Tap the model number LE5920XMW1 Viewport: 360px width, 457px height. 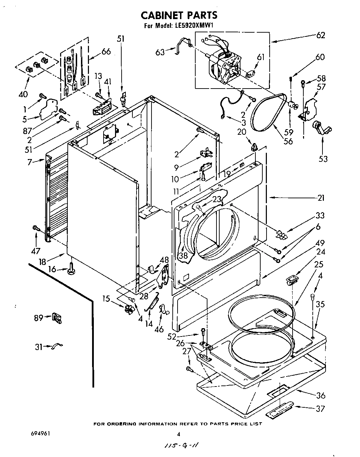(x=195, y=26)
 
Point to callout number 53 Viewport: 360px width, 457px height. (x=323, y=159)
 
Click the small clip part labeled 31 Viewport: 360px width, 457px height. (x=58, y=346)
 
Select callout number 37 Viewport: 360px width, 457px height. (x=320, y=408)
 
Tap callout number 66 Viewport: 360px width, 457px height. (x=106, y=51)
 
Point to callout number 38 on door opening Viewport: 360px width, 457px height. (x=183, y=256)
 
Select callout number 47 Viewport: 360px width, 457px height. (x=36, y=251)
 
